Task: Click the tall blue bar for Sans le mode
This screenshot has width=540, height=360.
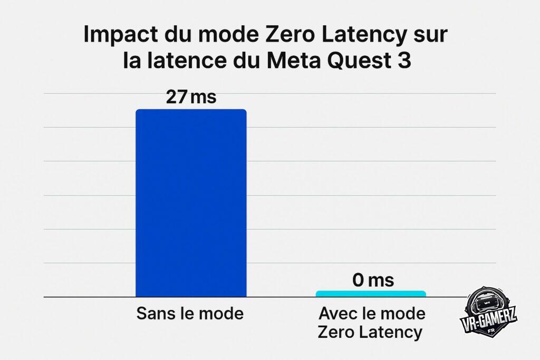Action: click(191, 203)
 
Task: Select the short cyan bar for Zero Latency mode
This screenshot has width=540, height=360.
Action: click(371, 294)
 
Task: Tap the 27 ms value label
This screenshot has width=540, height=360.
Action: click(191, 98)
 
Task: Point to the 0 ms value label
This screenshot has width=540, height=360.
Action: click(373, 280)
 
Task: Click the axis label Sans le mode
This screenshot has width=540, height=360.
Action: click(190, 314)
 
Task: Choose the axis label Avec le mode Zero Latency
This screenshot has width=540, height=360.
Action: click(372, 323)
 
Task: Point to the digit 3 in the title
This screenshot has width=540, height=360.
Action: click(403, 62)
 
